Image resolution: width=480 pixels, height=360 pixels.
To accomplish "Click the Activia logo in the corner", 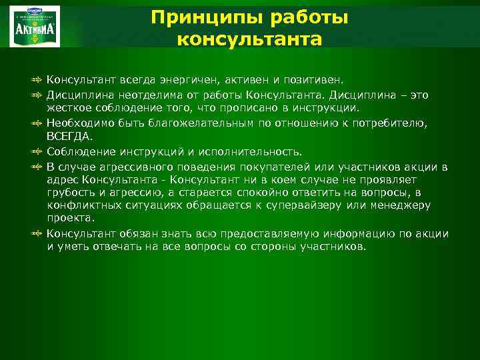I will click(34, 26).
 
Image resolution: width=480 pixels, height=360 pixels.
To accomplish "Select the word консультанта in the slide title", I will click(250, 39).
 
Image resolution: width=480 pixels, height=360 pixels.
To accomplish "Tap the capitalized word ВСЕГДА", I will click(67, 135).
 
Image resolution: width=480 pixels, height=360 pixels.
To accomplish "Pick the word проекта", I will click(70, 217).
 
